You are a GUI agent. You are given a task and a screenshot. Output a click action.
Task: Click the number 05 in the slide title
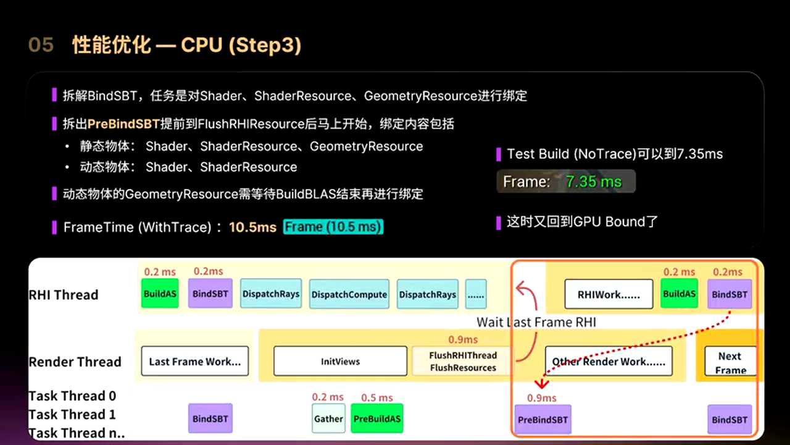point(41,45)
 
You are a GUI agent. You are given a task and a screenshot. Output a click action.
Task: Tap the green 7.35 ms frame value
point(593,182)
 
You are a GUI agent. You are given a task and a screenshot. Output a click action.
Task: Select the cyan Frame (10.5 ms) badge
point(333,227)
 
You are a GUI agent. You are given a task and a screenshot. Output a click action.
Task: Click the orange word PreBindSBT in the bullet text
point(123,124)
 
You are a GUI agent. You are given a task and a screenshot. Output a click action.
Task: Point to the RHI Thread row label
point(64,295)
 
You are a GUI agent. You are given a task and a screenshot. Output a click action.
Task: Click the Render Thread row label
point(75,362)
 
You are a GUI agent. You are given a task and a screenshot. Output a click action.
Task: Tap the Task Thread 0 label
point(72,396)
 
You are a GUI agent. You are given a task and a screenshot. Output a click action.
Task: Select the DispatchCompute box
point(349,295)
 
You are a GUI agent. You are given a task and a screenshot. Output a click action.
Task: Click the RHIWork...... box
point(608,295)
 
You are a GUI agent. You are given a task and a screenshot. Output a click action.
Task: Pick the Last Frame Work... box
point(194,362)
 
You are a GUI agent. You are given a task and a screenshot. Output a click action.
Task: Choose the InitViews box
point(340,362)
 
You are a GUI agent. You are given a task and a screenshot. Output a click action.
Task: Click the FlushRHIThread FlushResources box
point(463,362)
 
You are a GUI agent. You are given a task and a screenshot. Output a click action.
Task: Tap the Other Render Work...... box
point(609,362)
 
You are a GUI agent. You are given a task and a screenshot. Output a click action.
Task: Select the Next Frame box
point(730,363)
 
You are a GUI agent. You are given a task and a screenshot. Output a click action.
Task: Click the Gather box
point(328,418)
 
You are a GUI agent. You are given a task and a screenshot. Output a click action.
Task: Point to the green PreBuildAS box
point(376,418)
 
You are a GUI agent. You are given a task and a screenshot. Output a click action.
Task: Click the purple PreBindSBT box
point(543,420)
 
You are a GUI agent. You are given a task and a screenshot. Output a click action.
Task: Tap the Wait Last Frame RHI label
point(536,322)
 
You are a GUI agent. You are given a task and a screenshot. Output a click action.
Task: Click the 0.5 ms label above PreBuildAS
point(376,397)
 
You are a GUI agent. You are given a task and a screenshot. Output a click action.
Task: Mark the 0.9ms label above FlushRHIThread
point(463,339)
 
